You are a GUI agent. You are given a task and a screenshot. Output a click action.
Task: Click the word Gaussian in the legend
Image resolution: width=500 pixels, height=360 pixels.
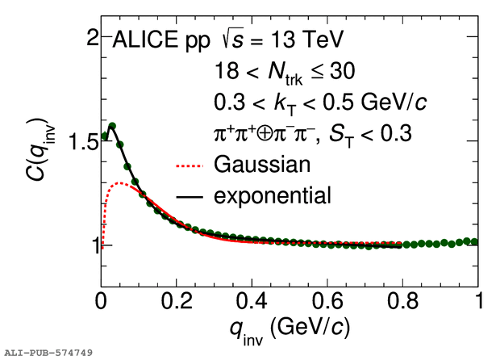pos(261,165)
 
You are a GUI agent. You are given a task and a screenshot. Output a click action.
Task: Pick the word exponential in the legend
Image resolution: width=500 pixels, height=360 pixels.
pos(273,195)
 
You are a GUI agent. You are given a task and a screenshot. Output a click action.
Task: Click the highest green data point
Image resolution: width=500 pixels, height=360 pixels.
pos(112,126)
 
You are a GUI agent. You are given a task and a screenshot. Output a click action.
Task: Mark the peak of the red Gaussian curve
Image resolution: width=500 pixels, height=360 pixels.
pos(121,183)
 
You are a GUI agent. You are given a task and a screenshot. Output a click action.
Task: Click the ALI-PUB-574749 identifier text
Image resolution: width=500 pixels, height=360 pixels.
pos(49,353)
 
